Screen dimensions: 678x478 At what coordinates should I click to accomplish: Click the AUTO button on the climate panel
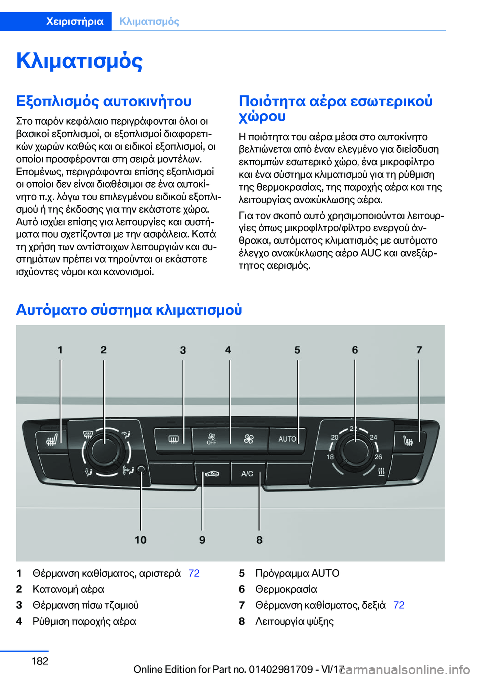point(287,439)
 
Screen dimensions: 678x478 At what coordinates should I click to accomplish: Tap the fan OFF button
point(212,439)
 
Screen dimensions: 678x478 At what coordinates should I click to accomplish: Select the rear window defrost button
point(173,439)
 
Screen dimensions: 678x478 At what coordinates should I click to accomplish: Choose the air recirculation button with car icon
point(212,473)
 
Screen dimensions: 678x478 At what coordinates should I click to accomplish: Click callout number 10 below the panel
point(140,540)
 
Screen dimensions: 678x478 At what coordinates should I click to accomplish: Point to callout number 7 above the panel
point(419,350)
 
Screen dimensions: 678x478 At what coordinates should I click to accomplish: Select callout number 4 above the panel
point(228,350)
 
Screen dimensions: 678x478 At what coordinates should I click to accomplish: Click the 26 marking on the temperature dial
point(378,457)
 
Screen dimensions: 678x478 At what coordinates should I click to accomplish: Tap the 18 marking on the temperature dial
point(330,457)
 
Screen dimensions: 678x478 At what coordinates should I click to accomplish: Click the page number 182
point(40,661)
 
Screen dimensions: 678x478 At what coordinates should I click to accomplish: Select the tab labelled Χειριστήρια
point(75,21)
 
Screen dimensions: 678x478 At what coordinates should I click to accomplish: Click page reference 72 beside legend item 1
point(194,573)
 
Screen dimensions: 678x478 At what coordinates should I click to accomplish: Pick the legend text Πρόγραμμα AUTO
point(297,573)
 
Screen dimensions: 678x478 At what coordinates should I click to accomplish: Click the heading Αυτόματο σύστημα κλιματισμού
point(129,310)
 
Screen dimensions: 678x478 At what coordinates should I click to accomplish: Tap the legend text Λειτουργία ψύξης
point(294,621)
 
